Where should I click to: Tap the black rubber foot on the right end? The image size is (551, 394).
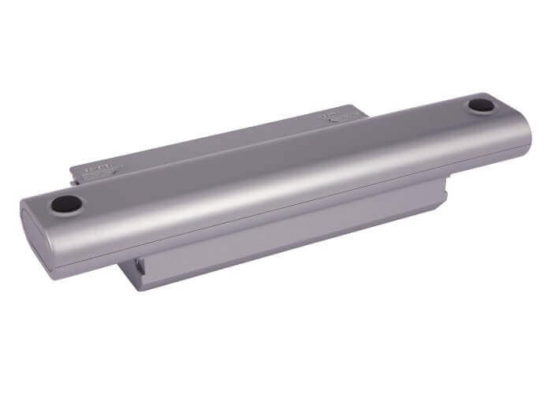click(480, 104)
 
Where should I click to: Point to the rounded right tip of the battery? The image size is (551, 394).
click(526, 134)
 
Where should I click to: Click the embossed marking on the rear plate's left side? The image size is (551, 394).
click(99, 169)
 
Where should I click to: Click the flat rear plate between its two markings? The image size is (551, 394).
click(213, 146)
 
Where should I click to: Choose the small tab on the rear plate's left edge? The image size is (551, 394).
click(79, 173)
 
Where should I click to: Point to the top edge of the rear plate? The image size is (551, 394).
click(221, 130)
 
